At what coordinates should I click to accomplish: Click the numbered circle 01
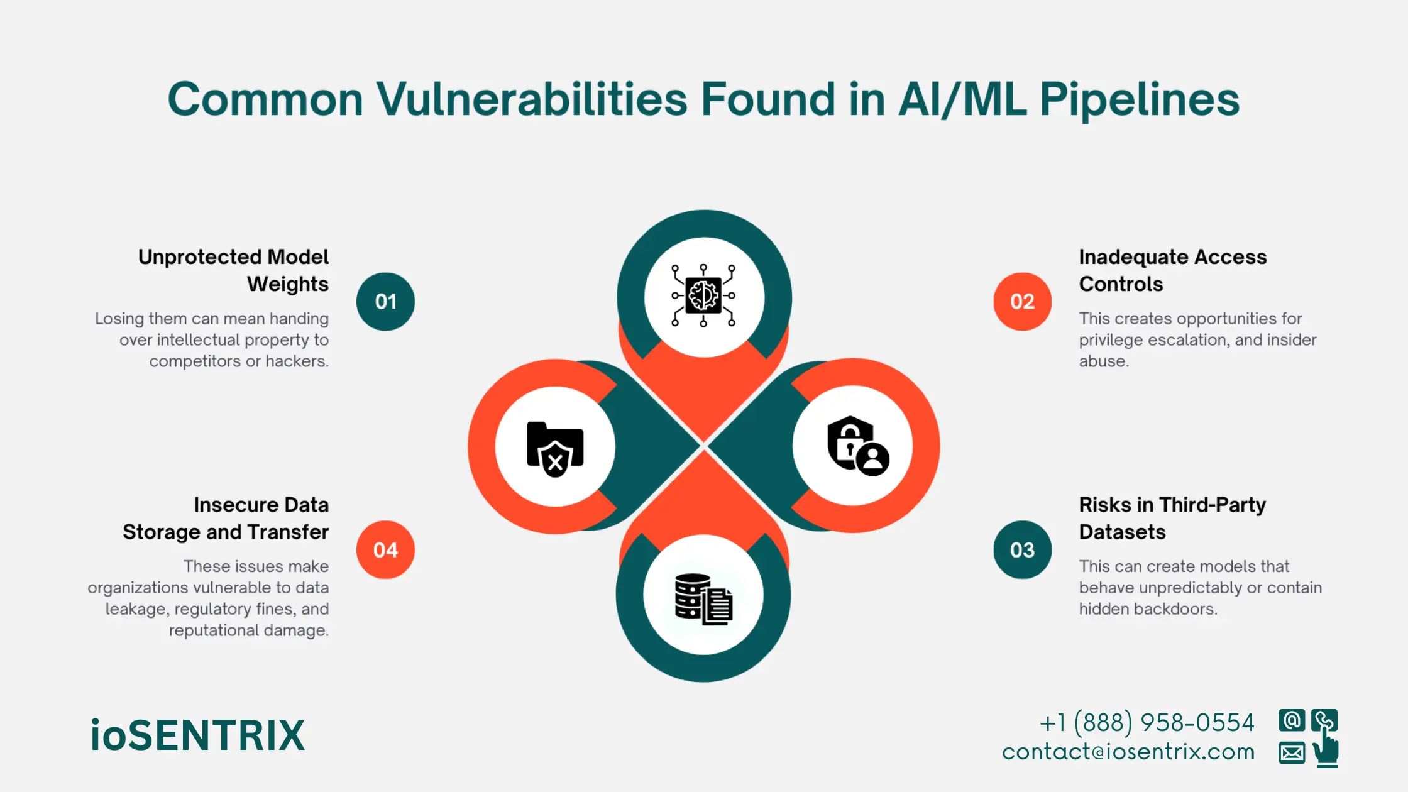tap(385, 302)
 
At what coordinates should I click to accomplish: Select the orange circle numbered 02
tap(1022, 302)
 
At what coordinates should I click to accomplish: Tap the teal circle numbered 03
tap(1022, 550)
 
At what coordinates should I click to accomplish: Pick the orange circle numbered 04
tap(385, 550)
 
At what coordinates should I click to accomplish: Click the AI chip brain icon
tap(703, 295)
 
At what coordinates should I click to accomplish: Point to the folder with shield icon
tap(555, 448)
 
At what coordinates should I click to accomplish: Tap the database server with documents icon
tap(703, 599)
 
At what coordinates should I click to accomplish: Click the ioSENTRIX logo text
tap(197, 735)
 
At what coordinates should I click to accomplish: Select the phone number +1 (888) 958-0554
tap(1147, 723)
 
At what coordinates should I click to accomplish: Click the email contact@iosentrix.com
tap(1128, 752)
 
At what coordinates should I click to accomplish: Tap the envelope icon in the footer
tap(1292, 752)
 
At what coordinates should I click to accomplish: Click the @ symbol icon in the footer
tap(1292, 720)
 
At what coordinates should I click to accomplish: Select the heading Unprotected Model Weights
tap(234, 270)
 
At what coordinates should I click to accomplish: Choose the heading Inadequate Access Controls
tap(1172, 270)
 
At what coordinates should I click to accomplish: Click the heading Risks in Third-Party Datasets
tap(1172, 518)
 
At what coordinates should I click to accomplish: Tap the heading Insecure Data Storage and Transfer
tap(226, 518)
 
